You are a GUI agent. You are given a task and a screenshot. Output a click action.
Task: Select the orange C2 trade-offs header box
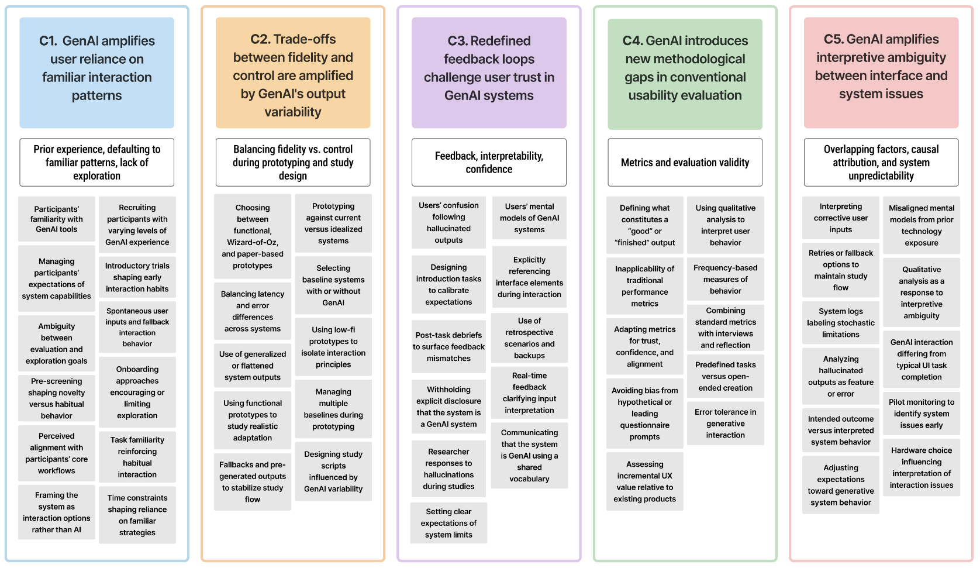click(292, 73)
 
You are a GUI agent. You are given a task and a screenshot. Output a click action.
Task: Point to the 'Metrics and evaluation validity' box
click(685, 163)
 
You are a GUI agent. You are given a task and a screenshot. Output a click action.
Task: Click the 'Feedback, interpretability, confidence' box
click(489, 163)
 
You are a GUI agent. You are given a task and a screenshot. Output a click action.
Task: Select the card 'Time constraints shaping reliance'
click(137, 515)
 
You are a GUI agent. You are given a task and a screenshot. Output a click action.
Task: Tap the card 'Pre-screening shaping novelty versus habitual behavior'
click(57, 398)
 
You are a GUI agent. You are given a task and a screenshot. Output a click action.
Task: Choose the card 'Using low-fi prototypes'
click(333, 347)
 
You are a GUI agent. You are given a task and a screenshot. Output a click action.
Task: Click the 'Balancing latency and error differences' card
click(253, 311)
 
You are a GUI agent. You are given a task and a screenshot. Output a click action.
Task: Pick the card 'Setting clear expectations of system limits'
click(448, 523)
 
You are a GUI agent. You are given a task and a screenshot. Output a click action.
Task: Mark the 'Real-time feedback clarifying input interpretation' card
click(529, 393)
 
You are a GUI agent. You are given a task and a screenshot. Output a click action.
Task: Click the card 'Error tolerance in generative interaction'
click(725, 423)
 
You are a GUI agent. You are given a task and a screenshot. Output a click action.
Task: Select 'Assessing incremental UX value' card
click(644, 481)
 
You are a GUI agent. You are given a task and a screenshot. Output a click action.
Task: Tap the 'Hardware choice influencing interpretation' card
click(921, 467)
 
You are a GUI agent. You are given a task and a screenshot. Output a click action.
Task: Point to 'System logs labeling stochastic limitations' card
click(840, 323)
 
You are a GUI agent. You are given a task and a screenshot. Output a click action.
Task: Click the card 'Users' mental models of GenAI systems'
click(529, 218)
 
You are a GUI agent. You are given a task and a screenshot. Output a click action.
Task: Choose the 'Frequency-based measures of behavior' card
click(725, 279)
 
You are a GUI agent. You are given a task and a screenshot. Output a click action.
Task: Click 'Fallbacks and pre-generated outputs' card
click(253, 481)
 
